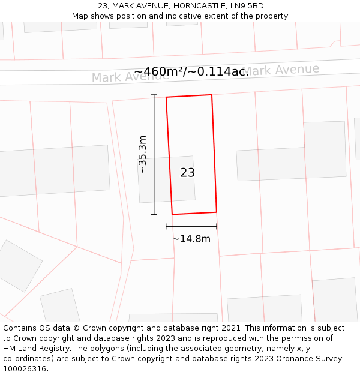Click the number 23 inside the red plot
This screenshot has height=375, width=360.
click(187, 173)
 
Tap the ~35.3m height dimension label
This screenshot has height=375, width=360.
click(143, 155)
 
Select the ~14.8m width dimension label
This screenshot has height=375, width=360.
click(191, 239)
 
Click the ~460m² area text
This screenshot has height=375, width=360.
click(158, 72)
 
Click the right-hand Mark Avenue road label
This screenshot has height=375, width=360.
click(282, 70)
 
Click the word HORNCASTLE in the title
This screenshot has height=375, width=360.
click(199, 6)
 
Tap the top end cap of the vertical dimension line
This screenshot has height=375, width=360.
click(154, 95)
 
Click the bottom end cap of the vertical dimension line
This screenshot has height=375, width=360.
click(154, 214)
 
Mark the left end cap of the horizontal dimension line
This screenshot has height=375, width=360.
click(166, 226)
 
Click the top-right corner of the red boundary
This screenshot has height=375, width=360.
click(212, 95)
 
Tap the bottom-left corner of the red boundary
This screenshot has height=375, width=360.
click(173, 214)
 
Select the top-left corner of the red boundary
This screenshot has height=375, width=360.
click(166, 97)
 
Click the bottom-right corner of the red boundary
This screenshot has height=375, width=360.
click(216, 212)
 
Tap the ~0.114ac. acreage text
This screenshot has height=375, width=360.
click(219, 72)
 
